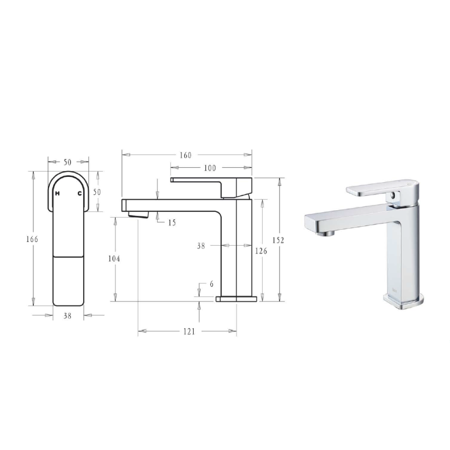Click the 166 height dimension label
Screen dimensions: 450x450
click(x=32, y=239)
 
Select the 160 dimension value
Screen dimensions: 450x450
click(x=185, y=155)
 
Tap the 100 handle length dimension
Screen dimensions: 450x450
click(x=210, y=168)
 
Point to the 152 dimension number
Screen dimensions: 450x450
click(x=278, y=240)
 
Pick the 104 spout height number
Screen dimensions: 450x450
click(x=114, y=259)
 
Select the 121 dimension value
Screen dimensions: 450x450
click(x=189, y=331)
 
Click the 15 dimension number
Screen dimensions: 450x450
click(x=172, y=223)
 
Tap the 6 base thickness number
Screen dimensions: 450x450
click(x=211, y=284)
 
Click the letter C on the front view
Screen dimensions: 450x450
click(x=79, y=194)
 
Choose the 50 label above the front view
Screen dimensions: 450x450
click(x=68, y=162)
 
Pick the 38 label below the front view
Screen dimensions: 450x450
click(x=68, y=316)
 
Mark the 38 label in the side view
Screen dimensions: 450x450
click(x=201, y=246)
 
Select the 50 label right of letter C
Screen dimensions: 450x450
click(x=96, y=191)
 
